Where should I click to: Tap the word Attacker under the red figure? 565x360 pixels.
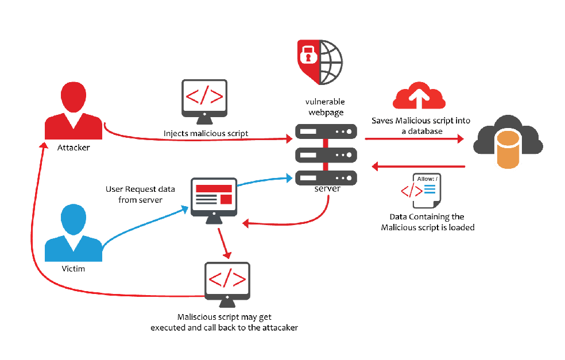coord(73,148)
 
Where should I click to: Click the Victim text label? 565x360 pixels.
coord(73,269)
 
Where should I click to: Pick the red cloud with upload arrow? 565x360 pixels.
coord(419,96)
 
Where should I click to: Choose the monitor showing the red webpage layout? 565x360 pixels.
coord(214,198)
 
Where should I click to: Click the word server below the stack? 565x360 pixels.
coord(327,189)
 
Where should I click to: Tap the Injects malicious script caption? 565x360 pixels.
coord(206,134)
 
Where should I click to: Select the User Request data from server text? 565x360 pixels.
coord(134,194)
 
